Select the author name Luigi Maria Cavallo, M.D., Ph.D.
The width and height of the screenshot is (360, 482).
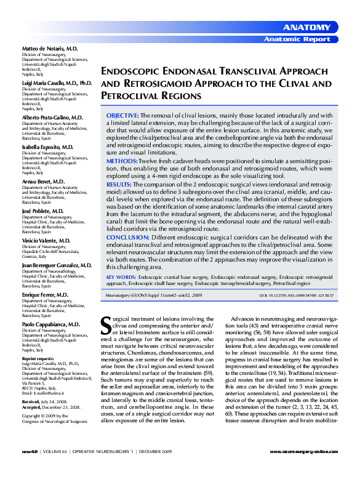click(x=57, y=82)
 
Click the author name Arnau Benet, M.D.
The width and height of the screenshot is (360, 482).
click(x=44, y=182)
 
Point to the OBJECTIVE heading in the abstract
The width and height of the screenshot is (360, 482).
click(x=122, y=115)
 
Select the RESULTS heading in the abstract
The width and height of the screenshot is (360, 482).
click(x=119, y=183)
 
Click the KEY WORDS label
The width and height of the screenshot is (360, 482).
click(x=121, y=278)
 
